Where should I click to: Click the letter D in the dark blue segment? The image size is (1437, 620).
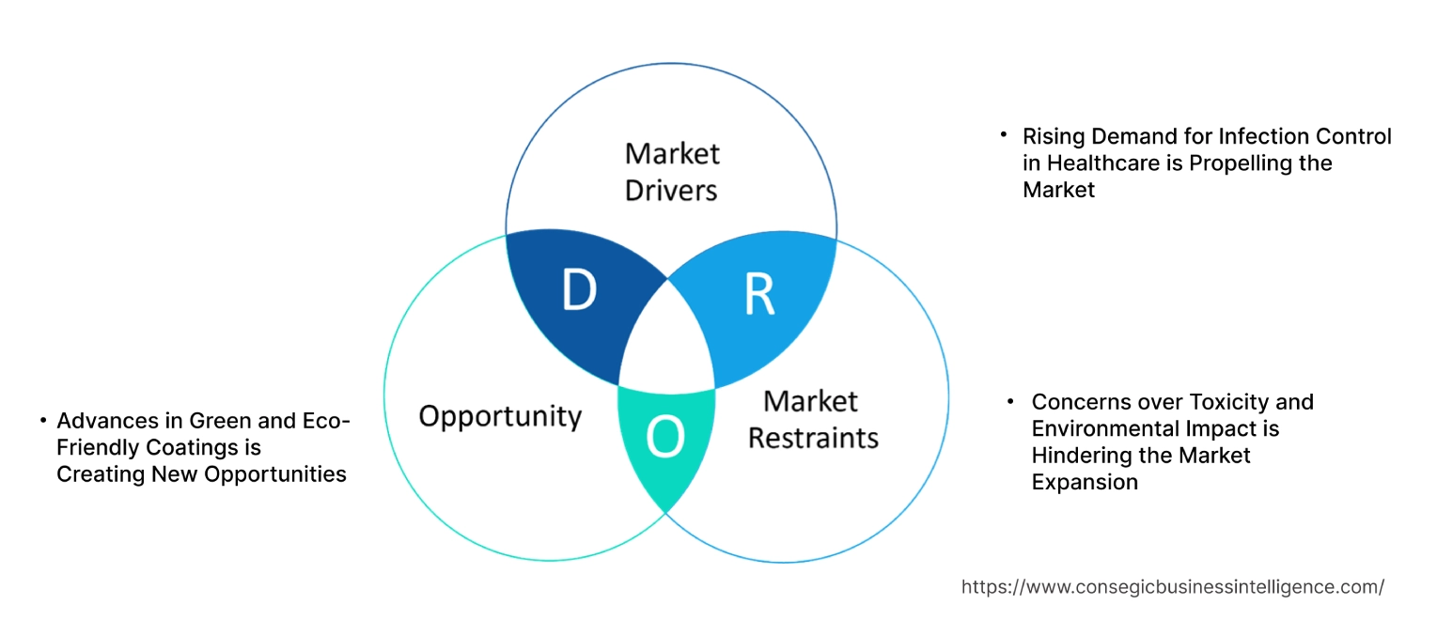(579, 290)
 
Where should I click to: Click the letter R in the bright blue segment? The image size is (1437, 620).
(758, 294)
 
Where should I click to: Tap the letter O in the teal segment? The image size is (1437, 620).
(665, 438)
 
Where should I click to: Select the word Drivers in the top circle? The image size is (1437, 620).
(671, 191)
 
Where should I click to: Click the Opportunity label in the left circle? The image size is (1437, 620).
(500, 416)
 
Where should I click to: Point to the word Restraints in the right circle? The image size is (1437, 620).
(814, 437)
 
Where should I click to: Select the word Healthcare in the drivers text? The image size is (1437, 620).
(1097, 163)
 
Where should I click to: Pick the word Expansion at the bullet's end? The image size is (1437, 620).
(1085, 483)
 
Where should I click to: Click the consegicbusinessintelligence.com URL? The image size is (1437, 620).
(1172, 587)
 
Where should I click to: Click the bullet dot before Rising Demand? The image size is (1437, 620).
(1004, 135)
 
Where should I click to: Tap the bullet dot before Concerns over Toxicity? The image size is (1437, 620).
(1011, 401)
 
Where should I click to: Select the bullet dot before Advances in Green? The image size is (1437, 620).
(43, 420)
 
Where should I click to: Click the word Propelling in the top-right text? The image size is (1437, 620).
(1238, 163)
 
